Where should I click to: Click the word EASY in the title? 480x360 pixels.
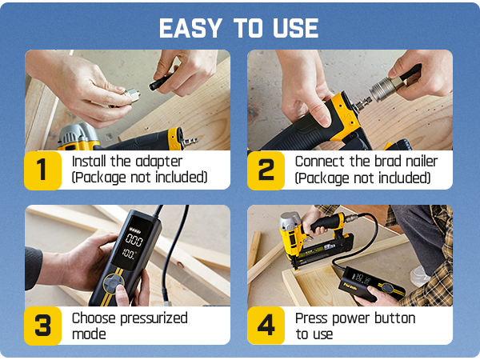tap(190, 28)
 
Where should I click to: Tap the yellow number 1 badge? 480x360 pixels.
tap(42, 170)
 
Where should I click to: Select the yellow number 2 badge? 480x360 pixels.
tap(266, 170)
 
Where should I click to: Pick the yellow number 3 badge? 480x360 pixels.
tap(42, 326)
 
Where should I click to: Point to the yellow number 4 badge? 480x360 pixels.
tap(266, 326)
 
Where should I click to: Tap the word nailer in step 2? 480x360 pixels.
tap(422, 162)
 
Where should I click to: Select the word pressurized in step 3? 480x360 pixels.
tap(154, 319)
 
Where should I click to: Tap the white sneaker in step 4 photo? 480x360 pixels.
tap(421, 277)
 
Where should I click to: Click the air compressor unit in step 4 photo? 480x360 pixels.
tap(371, 284)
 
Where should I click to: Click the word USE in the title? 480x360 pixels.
tap(296, 28)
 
